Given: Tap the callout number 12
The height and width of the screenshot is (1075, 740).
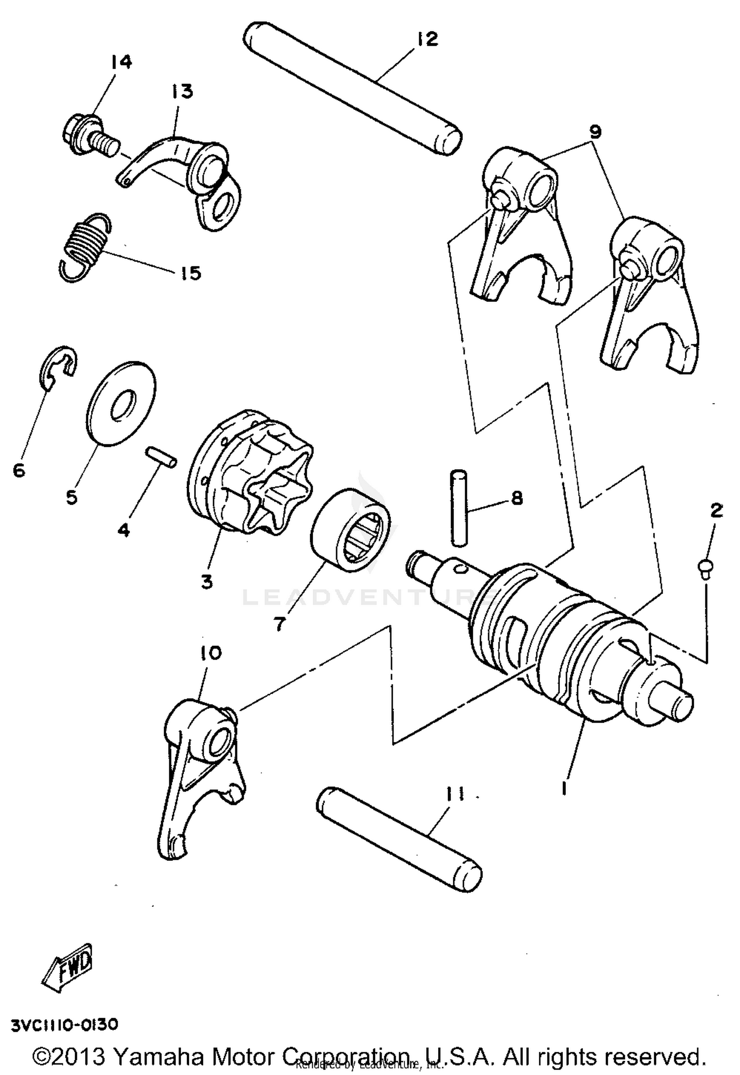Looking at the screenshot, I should tap(427, 39).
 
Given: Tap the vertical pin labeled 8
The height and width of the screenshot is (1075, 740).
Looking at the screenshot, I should tap(459, 508).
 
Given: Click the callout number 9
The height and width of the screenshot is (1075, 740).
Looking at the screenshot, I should tap(595, 132).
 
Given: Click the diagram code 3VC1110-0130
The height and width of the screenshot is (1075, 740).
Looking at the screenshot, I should tap(65, 1025).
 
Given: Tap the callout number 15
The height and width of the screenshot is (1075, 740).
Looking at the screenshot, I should tap(191, 272).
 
